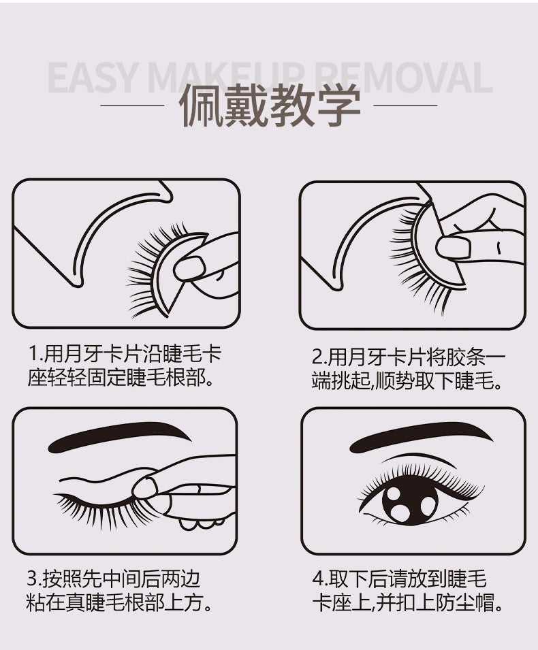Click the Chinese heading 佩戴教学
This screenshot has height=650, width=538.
point(270,105)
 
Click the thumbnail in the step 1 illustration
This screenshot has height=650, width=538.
point(190,268)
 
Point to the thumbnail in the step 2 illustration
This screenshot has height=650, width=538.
point(453,248)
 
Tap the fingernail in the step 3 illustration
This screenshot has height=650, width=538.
point(145,487)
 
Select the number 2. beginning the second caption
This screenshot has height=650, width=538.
point(320,357)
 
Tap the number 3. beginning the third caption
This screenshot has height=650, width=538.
point(35,579)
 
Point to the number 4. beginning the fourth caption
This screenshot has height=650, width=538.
point(320,579)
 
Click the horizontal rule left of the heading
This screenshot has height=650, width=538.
point(132,105)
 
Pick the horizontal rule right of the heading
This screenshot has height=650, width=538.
point(405,105)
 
